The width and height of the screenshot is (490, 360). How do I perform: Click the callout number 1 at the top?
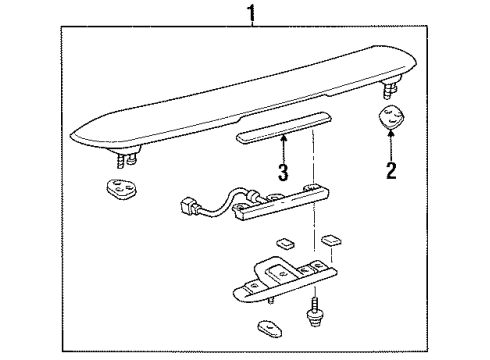pyautogui.click(x=252, y=13)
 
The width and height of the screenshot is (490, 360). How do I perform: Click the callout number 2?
pyautogui.click(x=391, y=171)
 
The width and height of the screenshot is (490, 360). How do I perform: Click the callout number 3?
pyautogui.click(x=283, y=172)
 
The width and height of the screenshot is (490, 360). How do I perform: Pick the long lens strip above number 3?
pyautogui.click(x=283, y=134)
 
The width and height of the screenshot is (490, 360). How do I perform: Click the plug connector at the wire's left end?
pyautogui.click(x=187, y=211)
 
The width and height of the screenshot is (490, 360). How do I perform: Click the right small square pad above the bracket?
pyautogui.click(x=331, y=241)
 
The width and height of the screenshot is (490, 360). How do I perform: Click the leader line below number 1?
pyautogui.click(x=252, y=27)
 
